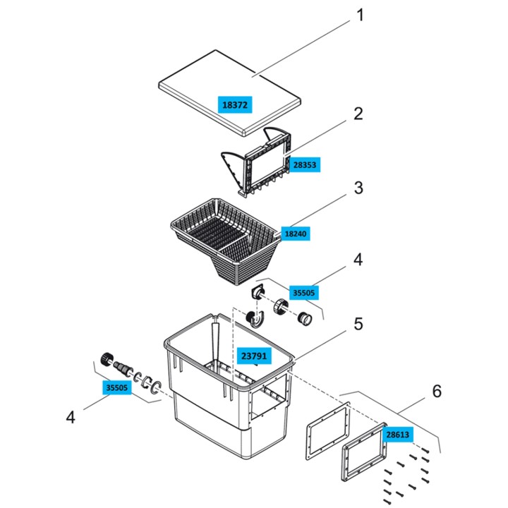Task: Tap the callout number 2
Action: [x=358, y=113]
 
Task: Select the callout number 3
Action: [x=358, y=188]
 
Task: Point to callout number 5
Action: [x=358, y=324]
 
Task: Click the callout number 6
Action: [x=437, y=390]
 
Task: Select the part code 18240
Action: [x=296, y=232]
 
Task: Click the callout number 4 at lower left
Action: [x=70, y=418]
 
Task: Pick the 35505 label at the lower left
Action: [x=118, y=387]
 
